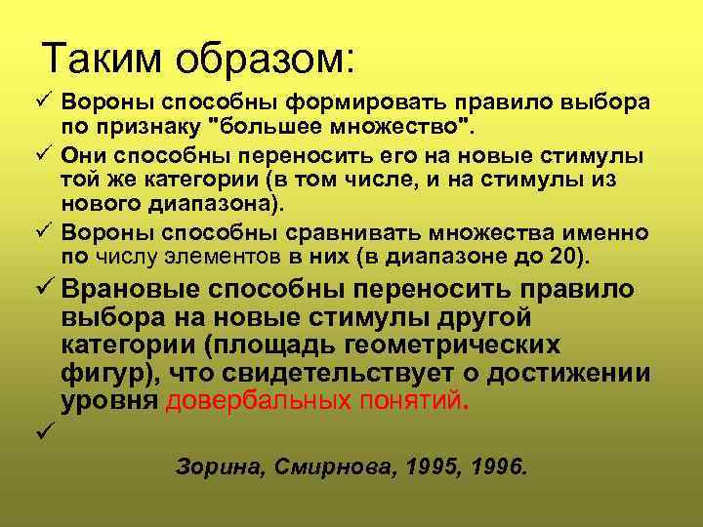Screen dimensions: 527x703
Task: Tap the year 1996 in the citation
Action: [493, 467]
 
